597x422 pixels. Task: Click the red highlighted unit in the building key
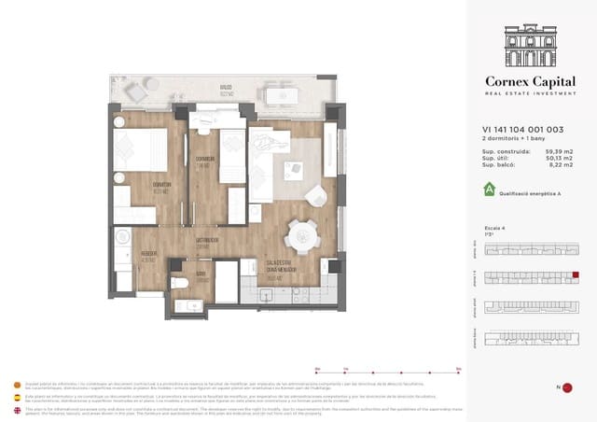coord(576,275)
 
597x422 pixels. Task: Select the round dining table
coord(301,233)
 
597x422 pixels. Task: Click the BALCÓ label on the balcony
coord(226,91)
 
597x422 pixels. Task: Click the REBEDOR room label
coord(148,254)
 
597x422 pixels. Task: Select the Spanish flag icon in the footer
coord(15,398)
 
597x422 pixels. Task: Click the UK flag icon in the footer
coord(15,410)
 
